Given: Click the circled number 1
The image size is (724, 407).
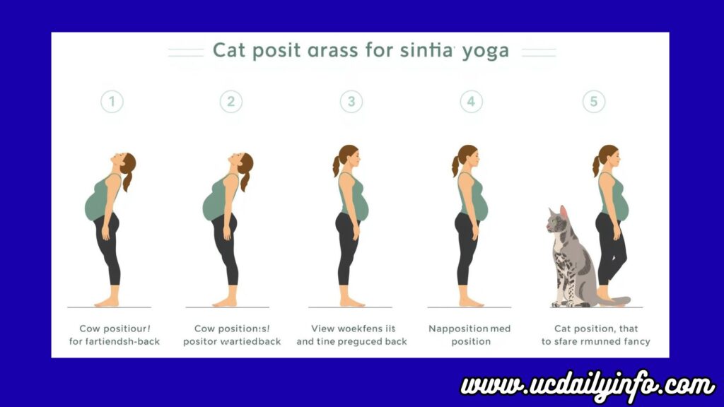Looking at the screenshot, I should tap(110, 101).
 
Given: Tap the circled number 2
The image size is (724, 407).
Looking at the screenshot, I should tap(230, 101).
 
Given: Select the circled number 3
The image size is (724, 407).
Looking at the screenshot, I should tap(351, 101).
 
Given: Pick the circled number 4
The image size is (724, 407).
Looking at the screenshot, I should tap(471, 101).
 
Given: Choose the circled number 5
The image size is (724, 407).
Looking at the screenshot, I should tap(593, 101).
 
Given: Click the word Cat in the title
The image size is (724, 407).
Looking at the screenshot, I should tap(230, 52).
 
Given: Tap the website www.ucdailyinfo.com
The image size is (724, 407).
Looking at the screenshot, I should tap(588, 386).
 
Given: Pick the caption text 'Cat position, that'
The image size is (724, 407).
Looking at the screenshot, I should tap(595, 329).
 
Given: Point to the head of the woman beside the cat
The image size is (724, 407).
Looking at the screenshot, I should tap(609, 157).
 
